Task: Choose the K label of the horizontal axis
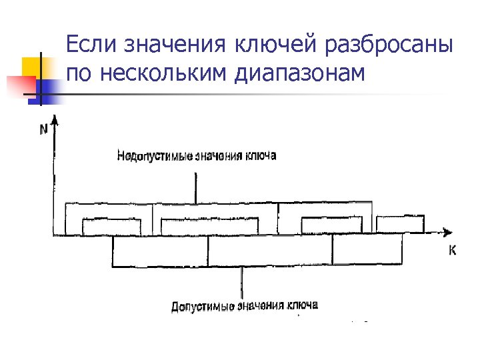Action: [x=452, y=251]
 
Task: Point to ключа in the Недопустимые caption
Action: [x=261, y=156]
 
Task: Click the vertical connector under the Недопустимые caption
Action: [x=196, y=187]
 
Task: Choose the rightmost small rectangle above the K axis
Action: [x=399, y=225]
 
